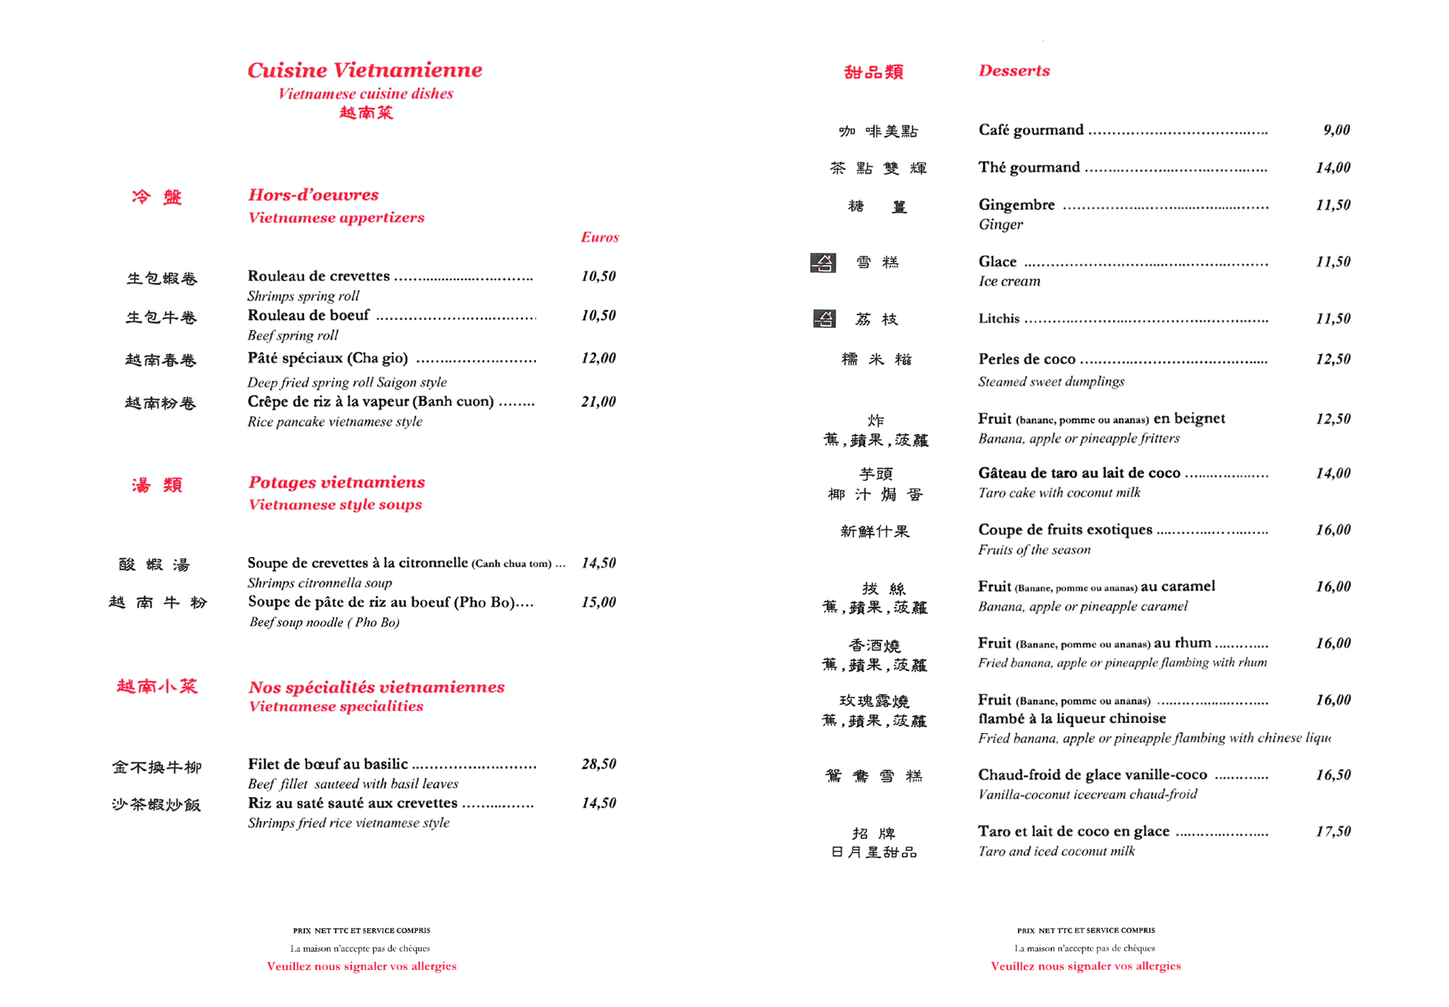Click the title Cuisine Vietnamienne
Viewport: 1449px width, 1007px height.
pos(364,70)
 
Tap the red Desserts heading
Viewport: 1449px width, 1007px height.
pos(1014,71)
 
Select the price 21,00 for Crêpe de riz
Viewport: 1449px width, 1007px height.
pos(598,402)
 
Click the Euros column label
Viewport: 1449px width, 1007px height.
pos(599,238)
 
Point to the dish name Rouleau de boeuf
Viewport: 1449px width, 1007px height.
pos(309,316)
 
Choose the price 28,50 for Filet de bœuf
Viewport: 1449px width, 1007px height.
pos(598,764)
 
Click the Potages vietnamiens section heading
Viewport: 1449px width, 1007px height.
pos(336,482)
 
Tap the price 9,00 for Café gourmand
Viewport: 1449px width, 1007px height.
pos(1336,130)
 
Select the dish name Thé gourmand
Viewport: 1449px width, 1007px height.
pos(1029,168)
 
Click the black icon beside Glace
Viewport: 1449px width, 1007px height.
pos(823,262)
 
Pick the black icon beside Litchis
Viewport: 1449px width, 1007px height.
pos(824,319)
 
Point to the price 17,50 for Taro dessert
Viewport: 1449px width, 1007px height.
pos(1333,832)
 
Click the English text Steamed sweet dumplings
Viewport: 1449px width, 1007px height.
pos(1051,382)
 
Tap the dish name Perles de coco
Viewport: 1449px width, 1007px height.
pos(1027,359)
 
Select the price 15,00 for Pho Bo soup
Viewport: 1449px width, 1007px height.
pos(598,603)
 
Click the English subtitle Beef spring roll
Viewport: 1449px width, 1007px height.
pos(293,335)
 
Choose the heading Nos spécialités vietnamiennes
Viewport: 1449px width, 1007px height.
pos(376,688)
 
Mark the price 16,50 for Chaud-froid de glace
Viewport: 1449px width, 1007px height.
pos(1333,775)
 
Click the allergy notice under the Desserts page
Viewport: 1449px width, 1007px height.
pos(1085,966)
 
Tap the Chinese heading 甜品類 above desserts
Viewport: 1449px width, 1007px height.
pos(874,72)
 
